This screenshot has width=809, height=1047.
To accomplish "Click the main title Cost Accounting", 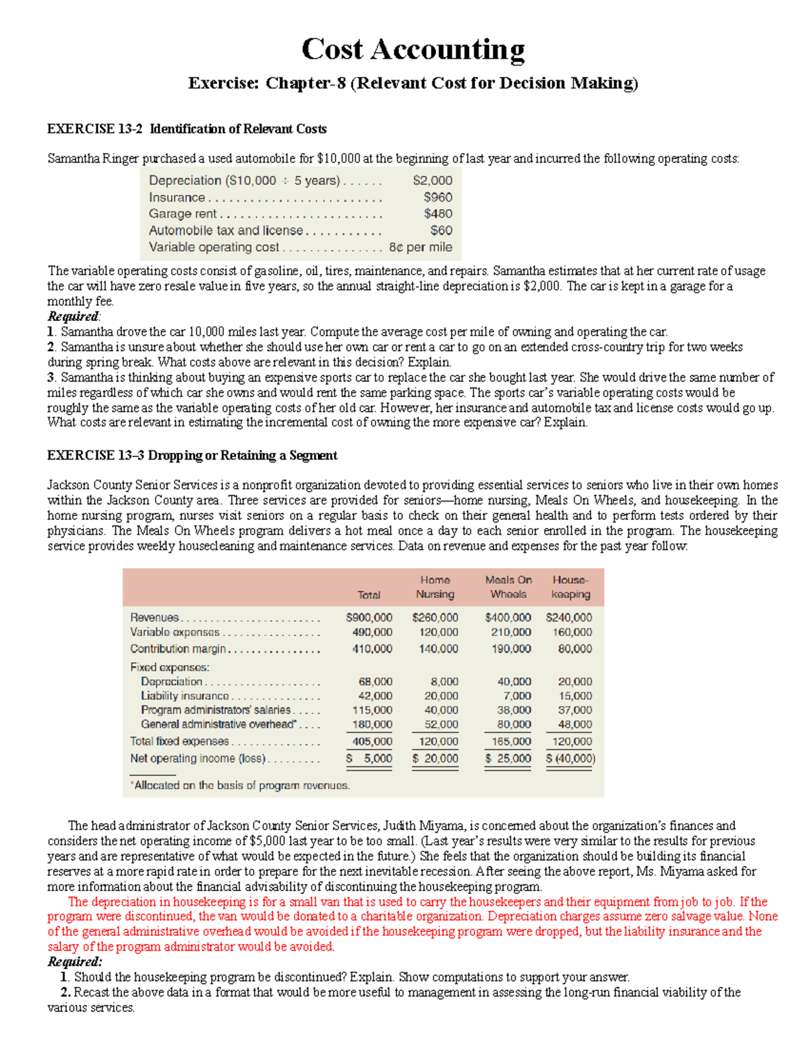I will pos(413,50).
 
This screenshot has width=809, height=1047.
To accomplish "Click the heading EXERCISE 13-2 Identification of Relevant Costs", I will pos(187,129).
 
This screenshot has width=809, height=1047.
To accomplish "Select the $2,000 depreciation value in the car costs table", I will pos(432,181).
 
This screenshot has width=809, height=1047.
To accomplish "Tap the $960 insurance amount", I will pos(438,198).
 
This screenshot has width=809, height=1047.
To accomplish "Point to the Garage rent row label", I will pos(183,214).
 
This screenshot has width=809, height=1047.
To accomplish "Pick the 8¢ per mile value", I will pos(421,247).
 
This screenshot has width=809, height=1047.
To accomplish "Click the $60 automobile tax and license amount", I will pos(441,231).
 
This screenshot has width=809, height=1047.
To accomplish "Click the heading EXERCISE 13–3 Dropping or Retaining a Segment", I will pos(192,456).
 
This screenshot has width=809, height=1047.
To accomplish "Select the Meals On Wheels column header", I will pos(508,587).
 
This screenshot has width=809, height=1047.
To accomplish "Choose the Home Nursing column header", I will pos(435,587).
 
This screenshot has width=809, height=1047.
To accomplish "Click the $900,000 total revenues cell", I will pos(369,618).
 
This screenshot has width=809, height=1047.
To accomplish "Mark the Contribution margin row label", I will pos(178,649).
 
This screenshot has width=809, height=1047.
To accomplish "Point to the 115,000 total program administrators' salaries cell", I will pos(372,710).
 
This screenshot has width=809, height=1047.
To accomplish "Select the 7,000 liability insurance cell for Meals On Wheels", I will pos(517,696).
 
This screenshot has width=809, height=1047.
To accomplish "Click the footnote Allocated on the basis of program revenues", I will pos(240,785).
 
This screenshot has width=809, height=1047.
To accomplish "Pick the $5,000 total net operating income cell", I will pos(369,758).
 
